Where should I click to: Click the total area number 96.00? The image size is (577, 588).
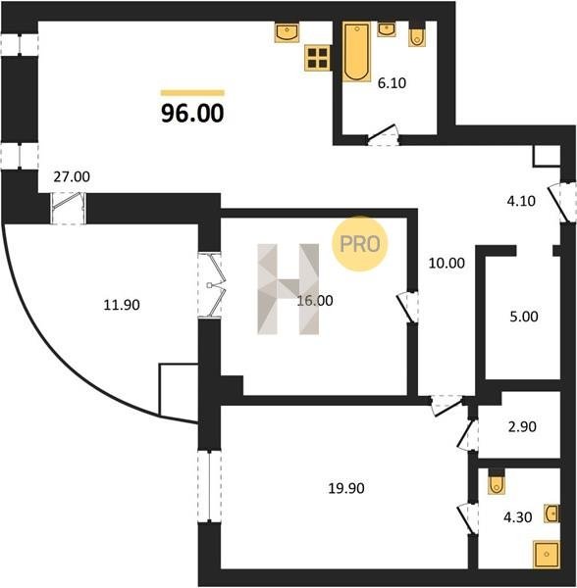point(192,114)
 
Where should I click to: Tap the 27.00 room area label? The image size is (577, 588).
point(72,176)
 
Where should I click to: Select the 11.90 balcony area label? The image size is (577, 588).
point(122,305)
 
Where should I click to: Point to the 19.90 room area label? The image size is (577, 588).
point(346,488)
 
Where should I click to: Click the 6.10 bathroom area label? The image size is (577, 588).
point(392,83)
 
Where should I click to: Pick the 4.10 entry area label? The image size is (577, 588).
point(521,201)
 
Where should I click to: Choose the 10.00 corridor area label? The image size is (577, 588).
point(446,264)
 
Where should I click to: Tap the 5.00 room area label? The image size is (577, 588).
point(524,317)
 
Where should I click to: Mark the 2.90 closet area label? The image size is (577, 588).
point(522,426)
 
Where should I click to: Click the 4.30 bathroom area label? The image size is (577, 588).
point(518,517)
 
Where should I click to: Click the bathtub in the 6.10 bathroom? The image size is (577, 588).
point(356,51)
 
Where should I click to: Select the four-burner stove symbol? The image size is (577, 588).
point(318,58)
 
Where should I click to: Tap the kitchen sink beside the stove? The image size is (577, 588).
point(287,32)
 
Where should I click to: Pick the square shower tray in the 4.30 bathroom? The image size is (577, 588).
point(547,555)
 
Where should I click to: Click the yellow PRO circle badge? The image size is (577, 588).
point(359,244)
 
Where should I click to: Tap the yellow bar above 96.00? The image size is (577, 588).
point(192,93)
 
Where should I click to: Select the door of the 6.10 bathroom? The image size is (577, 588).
point(382,135)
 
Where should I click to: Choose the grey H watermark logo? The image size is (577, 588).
point(288,289)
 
